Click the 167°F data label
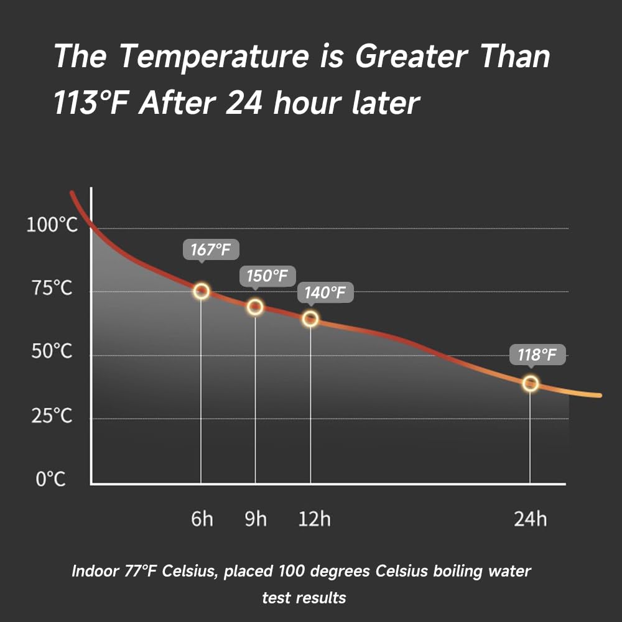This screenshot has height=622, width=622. click(x=211, y=250)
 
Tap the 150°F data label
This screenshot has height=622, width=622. click(x=267, y=276)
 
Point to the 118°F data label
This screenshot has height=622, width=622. click(x=537, y=355)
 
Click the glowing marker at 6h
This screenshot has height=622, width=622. click(x=201, y=291)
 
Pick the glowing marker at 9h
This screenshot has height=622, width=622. click(x=255, y=307)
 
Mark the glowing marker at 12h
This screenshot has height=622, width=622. click(x=310, y=319)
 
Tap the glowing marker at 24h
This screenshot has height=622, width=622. click(x=530, y=383)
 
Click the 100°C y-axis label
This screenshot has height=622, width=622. click(x=52, y=225)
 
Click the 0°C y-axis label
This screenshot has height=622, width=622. click(x=50, y=480)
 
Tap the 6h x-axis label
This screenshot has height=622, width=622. click(x=202, y=519)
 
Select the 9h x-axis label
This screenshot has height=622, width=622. click(x=255, y=519)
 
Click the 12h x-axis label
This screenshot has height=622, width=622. click(x=314, y=519)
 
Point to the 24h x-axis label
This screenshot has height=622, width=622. click(x=530, y=519)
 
